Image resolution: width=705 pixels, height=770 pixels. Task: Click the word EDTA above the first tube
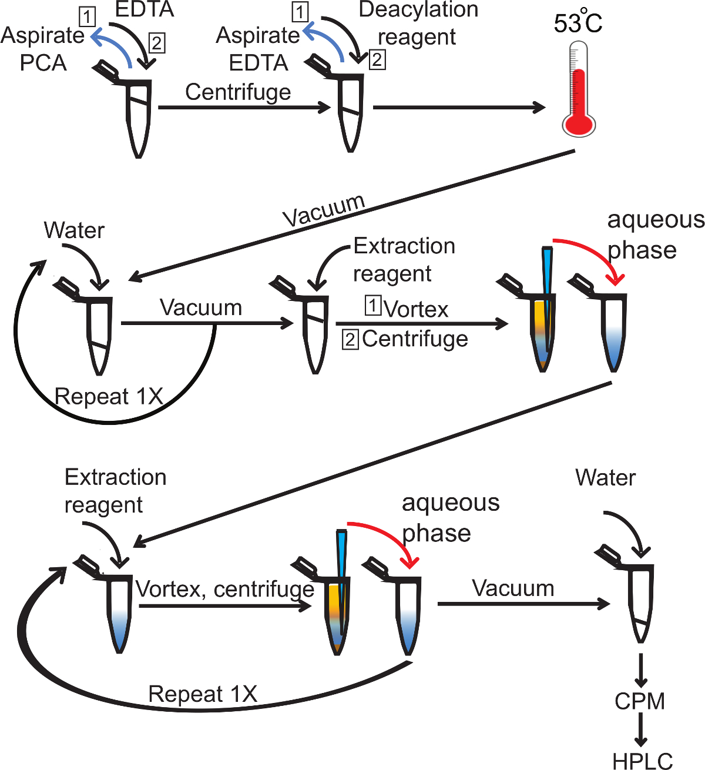tap(145, 9)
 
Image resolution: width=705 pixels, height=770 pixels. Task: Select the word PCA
tap(43, 63)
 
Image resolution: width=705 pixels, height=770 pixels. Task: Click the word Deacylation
tap(418, 9)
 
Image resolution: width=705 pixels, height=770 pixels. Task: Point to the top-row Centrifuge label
tap(238, 92)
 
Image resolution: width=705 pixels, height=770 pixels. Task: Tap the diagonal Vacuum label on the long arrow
tap(324, 210)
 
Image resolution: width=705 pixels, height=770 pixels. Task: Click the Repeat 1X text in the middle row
tap(109, 397)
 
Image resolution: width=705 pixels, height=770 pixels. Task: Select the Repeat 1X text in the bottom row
tap(203, 694)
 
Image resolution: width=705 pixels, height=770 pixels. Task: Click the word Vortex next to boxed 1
tap(416, 309)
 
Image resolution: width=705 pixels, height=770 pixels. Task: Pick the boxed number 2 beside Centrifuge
tap(350, 340)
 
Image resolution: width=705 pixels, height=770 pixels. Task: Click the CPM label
tap(640, 701)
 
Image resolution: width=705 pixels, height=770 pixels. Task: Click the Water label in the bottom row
tap(605, 478)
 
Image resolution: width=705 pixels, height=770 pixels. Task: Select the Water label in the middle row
tap(74, 230)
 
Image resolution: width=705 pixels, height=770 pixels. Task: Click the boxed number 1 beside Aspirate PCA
tap(87, 17)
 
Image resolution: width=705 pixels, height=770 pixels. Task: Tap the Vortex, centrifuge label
tap(225, 589)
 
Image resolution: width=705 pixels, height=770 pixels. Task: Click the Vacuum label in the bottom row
tap(513, 588)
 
